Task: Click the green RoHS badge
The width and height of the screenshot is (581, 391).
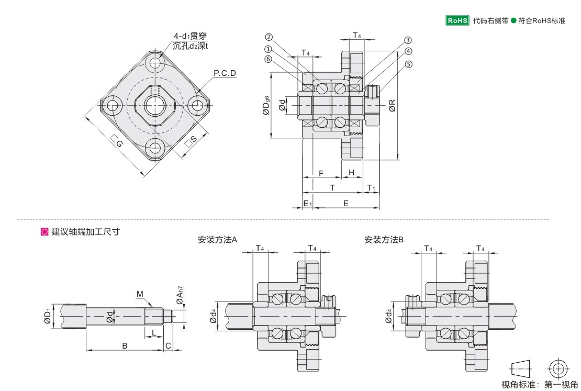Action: (457, 21)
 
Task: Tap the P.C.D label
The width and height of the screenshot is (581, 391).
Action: (225, 73)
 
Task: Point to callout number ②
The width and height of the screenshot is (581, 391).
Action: (269, 37)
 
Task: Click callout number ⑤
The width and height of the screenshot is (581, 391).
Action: (409, 64)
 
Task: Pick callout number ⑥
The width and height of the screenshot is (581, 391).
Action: (269, 59)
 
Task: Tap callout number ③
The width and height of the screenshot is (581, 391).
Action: (408, 40)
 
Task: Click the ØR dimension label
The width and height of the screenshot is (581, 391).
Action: (392, 107)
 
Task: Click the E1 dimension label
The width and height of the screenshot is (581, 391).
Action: (308, 203)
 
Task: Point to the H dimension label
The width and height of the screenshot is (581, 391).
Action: (352, 172)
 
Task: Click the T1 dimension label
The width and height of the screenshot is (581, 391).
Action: (371, 187)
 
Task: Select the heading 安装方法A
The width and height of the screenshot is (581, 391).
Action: (218, 240)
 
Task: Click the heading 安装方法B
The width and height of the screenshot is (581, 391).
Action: (384, 240)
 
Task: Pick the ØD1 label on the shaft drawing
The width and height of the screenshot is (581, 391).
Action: (48, 316)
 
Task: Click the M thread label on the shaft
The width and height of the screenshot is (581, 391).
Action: (140, 294)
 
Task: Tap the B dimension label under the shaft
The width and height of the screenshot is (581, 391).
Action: (125, 345)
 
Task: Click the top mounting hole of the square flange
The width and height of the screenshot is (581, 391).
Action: (155, 63)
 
